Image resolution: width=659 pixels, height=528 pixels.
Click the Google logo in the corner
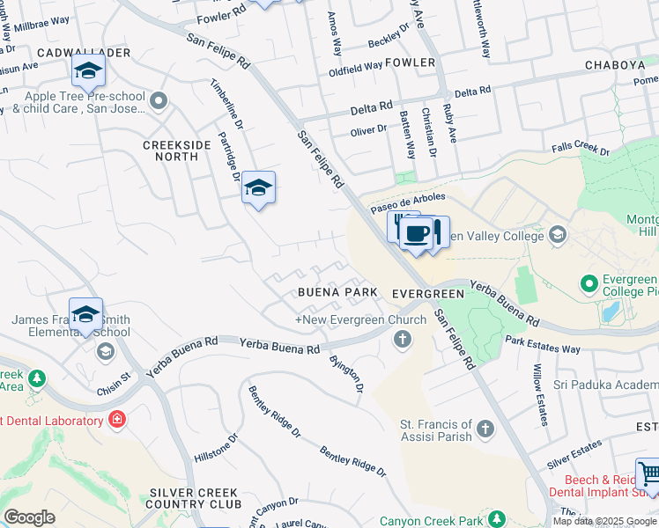[x=29, y=517]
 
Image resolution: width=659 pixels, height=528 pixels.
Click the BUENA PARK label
[x=337, y=292]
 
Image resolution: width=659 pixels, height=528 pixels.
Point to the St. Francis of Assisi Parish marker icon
[x=485, y=429]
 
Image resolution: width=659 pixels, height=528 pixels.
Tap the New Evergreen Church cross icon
[x=404, y=339]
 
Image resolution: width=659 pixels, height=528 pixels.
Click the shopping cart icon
[x=650, y=475]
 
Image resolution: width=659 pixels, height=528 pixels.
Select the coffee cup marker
[x=416, y=235]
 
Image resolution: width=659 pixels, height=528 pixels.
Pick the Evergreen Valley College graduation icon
[x=557, y=235]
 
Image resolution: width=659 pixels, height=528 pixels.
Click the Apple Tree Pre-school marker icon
[x=159, y=101]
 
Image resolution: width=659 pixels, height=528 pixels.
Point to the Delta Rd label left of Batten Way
[x=371, y=108]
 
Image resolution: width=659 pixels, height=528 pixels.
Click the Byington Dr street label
[x=346, y=373]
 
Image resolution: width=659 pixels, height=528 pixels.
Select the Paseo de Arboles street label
[x=408, y=202]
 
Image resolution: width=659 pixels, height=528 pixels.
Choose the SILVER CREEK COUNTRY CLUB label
[x=194, y=497]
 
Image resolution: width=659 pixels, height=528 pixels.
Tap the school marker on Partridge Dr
[x=258, y=187]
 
